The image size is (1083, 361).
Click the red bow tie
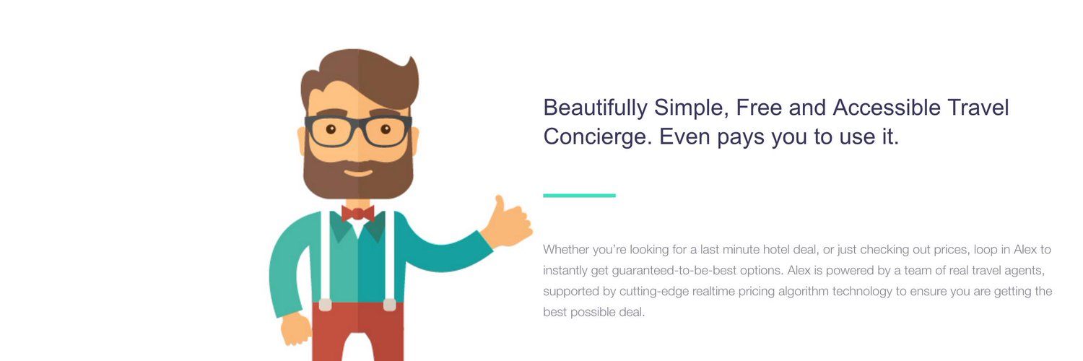[358, 214]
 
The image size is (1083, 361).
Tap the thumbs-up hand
[507, 223]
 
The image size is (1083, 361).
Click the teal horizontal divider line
[579, 195]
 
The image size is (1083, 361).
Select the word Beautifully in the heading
[595, 108]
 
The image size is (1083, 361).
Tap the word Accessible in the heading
[887, 108]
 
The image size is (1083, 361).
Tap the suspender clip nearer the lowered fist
[325, 305]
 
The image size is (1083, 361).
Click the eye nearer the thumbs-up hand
[386, 129]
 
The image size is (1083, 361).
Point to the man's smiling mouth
[358, 173]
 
